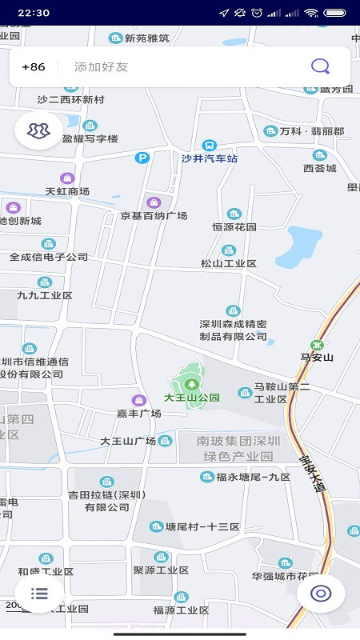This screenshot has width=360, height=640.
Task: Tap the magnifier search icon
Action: [320, 66]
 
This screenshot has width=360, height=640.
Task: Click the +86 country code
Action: [34, 67]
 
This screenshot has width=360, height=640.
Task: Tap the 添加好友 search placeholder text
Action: [102, 67]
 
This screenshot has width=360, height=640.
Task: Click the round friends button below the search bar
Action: [38, 130]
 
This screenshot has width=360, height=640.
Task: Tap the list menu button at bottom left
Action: [39, 593]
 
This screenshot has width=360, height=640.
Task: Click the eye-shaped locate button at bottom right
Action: [321, 593]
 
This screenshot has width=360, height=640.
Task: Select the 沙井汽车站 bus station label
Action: [210, 158]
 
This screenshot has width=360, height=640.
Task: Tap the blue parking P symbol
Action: [142, 158]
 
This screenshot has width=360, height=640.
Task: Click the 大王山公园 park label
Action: [192, 397]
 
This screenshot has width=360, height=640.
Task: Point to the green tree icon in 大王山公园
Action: [190, 384]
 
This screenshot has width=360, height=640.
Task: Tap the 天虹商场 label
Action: [67, 191]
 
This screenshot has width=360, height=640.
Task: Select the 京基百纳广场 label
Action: [154, 216]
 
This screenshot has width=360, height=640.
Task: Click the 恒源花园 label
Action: [234, 226]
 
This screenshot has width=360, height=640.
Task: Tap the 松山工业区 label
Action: [229, 263]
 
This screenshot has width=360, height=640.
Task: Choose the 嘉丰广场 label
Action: [138, 413]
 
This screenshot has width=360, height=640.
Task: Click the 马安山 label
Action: [317, 357]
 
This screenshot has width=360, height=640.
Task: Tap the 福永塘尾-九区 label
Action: [253, 477]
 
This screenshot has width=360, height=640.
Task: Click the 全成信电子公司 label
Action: [49, 257]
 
